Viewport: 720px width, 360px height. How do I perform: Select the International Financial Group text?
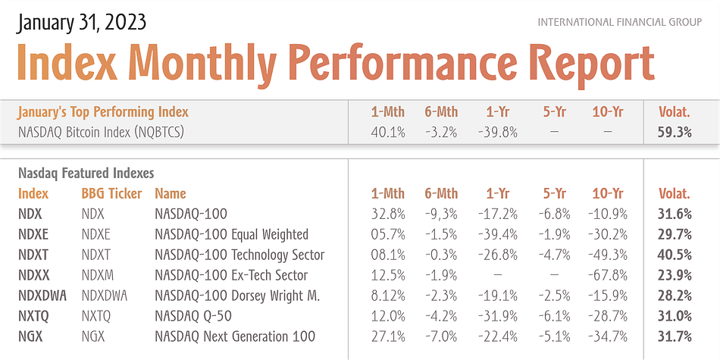[619, 22]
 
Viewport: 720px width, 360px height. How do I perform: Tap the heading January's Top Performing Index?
[103, 112]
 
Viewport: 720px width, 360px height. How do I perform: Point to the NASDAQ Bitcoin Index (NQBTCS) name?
[101, 132]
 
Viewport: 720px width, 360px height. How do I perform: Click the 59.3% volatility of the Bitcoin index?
[675, 132]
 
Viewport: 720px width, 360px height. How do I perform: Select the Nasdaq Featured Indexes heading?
[86, 173]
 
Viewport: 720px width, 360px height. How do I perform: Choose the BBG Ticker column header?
[111, 193]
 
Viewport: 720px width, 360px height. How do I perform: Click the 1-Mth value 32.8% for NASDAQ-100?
[388, 214]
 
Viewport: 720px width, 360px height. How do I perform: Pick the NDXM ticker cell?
[97, 276]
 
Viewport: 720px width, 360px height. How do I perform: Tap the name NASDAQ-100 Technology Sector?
[239, 255]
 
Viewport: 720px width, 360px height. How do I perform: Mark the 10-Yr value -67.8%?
[608, 276]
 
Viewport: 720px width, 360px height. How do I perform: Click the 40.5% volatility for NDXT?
[675, 255]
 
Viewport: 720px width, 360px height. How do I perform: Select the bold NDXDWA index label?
[42, 296]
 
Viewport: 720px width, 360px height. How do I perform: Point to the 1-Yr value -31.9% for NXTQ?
[498, 316]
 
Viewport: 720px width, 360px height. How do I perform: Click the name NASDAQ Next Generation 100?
[235, 337]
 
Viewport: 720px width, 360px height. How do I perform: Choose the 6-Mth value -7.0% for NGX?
[441, 337]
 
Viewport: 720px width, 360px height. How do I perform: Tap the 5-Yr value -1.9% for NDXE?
[554, 235]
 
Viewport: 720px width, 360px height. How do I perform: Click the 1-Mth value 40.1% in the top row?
[388, 132]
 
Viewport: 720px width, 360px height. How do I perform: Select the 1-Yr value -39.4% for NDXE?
[498, 235]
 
